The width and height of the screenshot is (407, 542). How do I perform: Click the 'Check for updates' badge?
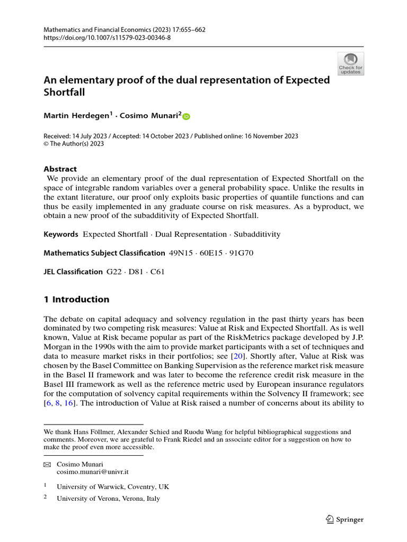350,64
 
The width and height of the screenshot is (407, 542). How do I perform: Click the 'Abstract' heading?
60,169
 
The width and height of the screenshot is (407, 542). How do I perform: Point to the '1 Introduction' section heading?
76,300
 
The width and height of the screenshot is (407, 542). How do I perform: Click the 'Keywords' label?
61,234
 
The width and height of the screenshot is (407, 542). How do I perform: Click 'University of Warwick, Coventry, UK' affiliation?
113,486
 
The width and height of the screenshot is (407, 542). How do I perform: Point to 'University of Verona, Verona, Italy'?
108,498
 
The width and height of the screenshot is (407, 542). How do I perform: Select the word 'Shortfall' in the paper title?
65,92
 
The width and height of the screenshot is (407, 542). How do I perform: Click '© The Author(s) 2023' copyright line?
74,143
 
